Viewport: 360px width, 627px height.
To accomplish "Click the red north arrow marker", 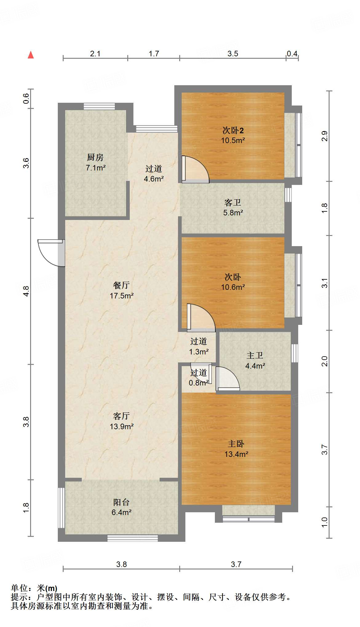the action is [31, 55].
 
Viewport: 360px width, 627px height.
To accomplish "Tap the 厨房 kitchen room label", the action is [95, 158].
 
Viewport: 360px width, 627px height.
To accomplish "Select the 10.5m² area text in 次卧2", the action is [233, 141].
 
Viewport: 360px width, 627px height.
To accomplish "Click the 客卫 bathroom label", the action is [233, 202].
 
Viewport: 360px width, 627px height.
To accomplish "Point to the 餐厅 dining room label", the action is [121, 285].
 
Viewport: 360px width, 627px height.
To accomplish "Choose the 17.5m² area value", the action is [122, 296].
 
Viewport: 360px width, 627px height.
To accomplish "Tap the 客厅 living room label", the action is [121, 416].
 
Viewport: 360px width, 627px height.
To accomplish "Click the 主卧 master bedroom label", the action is [236, 444].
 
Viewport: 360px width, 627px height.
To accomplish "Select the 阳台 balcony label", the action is [121, 502].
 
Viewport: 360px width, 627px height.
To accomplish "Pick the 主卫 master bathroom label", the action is [255, 355].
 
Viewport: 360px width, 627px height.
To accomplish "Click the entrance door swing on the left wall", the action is [51, 253].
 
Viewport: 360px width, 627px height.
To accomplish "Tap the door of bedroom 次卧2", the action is [195, 169].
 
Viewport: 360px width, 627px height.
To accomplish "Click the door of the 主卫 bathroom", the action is [228, 379].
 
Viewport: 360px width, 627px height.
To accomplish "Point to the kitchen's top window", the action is [99, 106].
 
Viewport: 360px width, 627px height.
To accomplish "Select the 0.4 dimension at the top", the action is [292, 54].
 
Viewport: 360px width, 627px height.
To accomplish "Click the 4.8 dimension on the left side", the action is [26, 291].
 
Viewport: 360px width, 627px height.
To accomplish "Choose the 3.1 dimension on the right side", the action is [325, 283].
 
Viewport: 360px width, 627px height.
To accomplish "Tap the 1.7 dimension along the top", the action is [154, 54].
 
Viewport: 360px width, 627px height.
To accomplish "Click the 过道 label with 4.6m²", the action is [154, 169].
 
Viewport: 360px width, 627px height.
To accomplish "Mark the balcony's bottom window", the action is [133, 538].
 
